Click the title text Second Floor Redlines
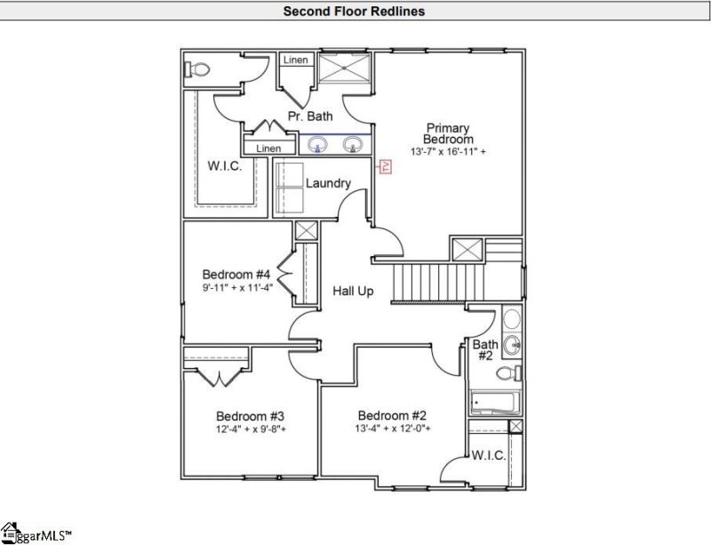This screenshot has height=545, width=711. (x=353, y=12)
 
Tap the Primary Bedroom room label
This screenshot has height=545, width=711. (x=448, y=133)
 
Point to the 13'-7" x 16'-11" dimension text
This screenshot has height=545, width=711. (x=448, y=153)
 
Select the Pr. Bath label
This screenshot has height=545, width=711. (x=309, y=116)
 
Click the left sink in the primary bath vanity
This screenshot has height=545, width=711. (x=317, y=145)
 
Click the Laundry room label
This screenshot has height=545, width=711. (x=328, y=183)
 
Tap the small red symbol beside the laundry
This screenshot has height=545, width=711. (x=385, y=166)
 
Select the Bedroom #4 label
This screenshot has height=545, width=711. (x=236, y=274)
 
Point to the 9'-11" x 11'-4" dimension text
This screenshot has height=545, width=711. (x=236, y=287)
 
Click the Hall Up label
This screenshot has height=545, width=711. (x=353, y=291)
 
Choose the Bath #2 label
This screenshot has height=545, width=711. (x=484, y=350)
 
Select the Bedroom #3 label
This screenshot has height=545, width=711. (x=250, y=416)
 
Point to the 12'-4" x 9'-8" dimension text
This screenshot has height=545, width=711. (x=250, y=429)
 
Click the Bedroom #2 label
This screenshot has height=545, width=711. (x=393, y=415)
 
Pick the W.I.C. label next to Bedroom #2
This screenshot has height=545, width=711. (x=489, y=455)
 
